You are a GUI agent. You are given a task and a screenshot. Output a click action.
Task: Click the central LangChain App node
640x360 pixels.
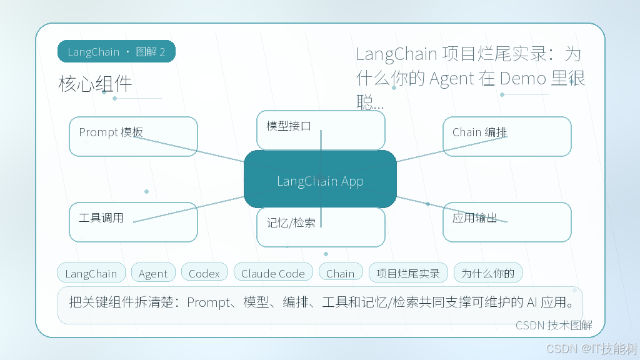[x=320, y=179]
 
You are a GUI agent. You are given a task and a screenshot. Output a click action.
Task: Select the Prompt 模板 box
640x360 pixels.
[x=134, y=136]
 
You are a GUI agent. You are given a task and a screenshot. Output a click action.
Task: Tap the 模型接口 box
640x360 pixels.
[x=321, y=130]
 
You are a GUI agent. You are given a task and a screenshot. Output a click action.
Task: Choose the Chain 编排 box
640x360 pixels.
[x=507, y=136]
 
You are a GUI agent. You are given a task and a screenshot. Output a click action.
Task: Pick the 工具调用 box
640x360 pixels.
[x=134, y=222]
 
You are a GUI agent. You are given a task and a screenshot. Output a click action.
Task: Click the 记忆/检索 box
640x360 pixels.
[x=321, y=227]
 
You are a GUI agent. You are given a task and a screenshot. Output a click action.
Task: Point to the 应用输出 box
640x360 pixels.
[x=507, y=222]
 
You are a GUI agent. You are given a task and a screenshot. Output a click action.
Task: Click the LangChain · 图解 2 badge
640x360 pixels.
[x=116, y=51]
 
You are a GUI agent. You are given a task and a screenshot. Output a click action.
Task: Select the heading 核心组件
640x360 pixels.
[x=95, y=84]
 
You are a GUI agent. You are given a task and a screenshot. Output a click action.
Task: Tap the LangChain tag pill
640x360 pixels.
[x=91, y=272]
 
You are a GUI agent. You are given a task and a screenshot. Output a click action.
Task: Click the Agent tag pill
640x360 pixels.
[x=153, y=272]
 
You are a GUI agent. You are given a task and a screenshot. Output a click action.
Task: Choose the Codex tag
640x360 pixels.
[x=204, y=272]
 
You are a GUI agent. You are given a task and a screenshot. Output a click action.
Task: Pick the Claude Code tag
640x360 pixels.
[x=273, y=272]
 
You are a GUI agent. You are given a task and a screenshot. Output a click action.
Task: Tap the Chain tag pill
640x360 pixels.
[x=341, y=272]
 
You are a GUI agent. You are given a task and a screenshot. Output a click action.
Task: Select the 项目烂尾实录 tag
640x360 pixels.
[x=408, y=272]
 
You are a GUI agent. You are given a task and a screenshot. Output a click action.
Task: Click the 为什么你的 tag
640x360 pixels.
[x=487, y=272]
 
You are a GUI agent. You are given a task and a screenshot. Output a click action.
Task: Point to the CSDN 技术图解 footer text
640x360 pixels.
[x=554, y=325]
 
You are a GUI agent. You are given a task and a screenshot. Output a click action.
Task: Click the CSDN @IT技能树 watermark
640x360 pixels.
[x=591, y=349]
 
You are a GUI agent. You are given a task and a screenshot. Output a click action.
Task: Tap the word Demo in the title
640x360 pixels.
[x=523, y=78]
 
